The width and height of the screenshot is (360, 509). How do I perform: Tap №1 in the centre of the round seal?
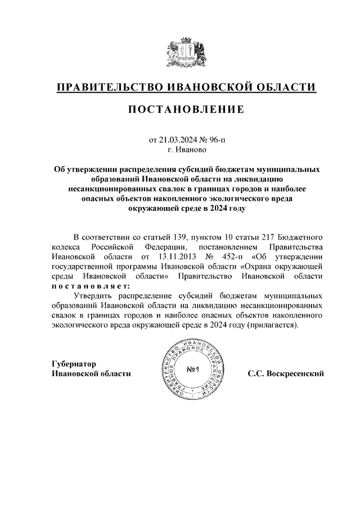(x=194, y=369)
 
